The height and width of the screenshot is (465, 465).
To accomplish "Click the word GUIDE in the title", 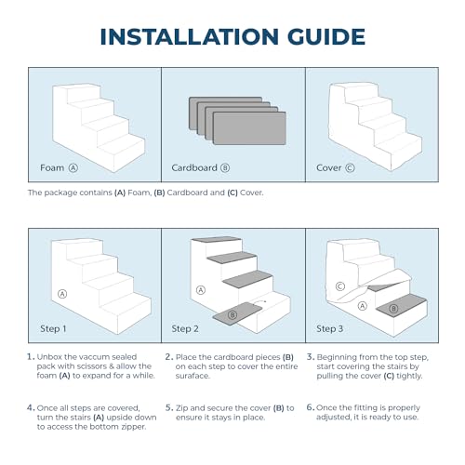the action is tap(326, 36).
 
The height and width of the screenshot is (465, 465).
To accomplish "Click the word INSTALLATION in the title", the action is tap(190, 36).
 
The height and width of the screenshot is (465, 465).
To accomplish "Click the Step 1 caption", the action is tap(53, 328).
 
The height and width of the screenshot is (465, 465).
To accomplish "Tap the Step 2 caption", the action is tap(185, 328).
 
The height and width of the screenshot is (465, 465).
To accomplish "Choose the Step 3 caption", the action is tap(329, 328).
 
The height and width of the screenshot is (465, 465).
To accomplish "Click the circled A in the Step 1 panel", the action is tap(62, 294).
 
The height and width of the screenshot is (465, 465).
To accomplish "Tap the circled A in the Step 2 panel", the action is tap(201, 290).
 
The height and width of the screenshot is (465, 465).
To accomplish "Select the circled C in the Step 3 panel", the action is tap(340, 286).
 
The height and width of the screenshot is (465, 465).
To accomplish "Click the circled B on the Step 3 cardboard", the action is tap(393, 309).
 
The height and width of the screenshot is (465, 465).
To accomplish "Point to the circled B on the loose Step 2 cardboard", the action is tap(232, 315).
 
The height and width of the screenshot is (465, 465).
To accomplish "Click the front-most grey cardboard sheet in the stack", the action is tap(249, 128).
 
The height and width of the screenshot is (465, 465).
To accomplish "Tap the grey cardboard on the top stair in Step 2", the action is tap(217, 239).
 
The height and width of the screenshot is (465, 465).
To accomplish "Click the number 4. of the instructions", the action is tap(31, 407).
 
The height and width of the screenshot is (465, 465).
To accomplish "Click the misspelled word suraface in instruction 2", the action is tap(193, 376).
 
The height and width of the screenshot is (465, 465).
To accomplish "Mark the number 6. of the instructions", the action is tap(311, 407).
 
